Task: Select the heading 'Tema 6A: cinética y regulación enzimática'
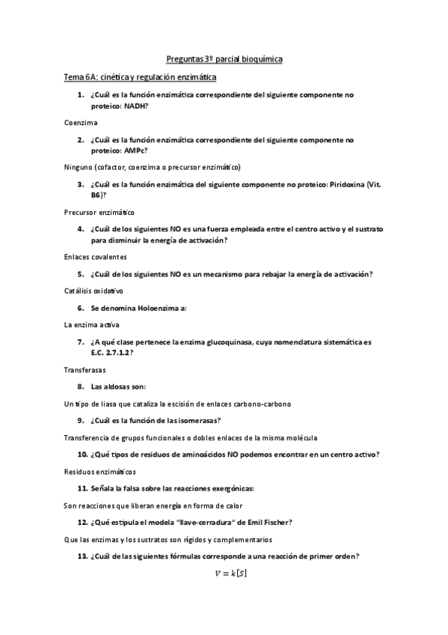[x=141, y=77]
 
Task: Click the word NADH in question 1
[x=135, y=106]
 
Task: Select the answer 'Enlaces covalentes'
[x=95, y=257]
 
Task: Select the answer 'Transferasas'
[x=85, y=369]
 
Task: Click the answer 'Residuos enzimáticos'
[x=100, y=472]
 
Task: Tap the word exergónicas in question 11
[x=231, y=488]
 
